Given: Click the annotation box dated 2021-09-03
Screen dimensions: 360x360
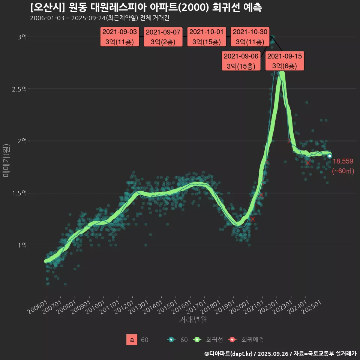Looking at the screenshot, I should (120, 37).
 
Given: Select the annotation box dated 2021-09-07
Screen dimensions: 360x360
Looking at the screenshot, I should (163, 37).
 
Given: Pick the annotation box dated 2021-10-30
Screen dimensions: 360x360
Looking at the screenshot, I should (249, 37).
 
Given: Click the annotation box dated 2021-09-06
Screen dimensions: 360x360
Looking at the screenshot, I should (241, 61).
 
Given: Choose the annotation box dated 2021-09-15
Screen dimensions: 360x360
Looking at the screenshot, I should (285, 61).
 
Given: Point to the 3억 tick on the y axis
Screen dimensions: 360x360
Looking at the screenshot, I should (22, 37).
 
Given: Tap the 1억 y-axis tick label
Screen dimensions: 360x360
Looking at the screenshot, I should (22, 245).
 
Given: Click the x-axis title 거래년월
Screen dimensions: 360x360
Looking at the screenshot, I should (193, 319).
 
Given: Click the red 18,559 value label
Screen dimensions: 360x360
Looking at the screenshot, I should (343, 161).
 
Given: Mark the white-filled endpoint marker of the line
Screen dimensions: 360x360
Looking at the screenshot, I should (329, 156).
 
